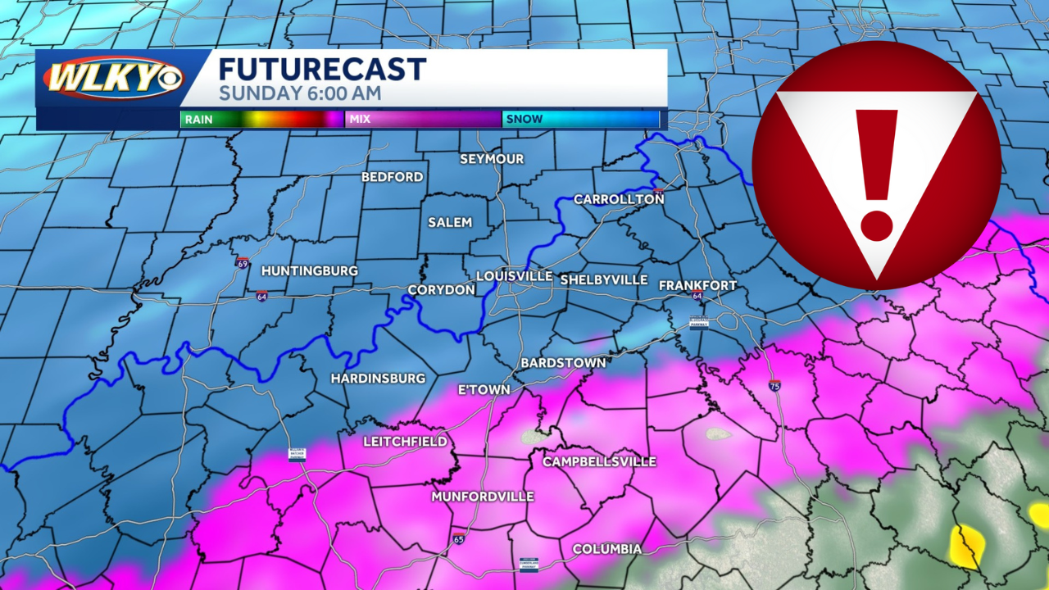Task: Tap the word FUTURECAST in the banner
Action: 322,69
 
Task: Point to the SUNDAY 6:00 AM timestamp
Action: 299,93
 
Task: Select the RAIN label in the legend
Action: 198,120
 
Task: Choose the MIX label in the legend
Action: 360,120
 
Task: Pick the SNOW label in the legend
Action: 524,120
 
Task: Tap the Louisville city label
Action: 514,277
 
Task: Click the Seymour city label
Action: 492,159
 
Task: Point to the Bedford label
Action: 393,177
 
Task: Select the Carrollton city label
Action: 619,199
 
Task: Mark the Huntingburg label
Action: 309,270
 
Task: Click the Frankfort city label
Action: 698,285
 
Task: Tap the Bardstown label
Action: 563,362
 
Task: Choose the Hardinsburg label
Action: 378,379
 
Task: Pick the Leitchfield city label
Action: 405,442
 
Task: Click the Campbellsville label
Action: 599,462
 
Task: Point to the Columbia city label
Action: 606,549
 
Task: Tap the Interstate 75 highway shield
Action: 774,385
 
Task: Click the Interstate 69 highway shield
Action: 243,263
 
